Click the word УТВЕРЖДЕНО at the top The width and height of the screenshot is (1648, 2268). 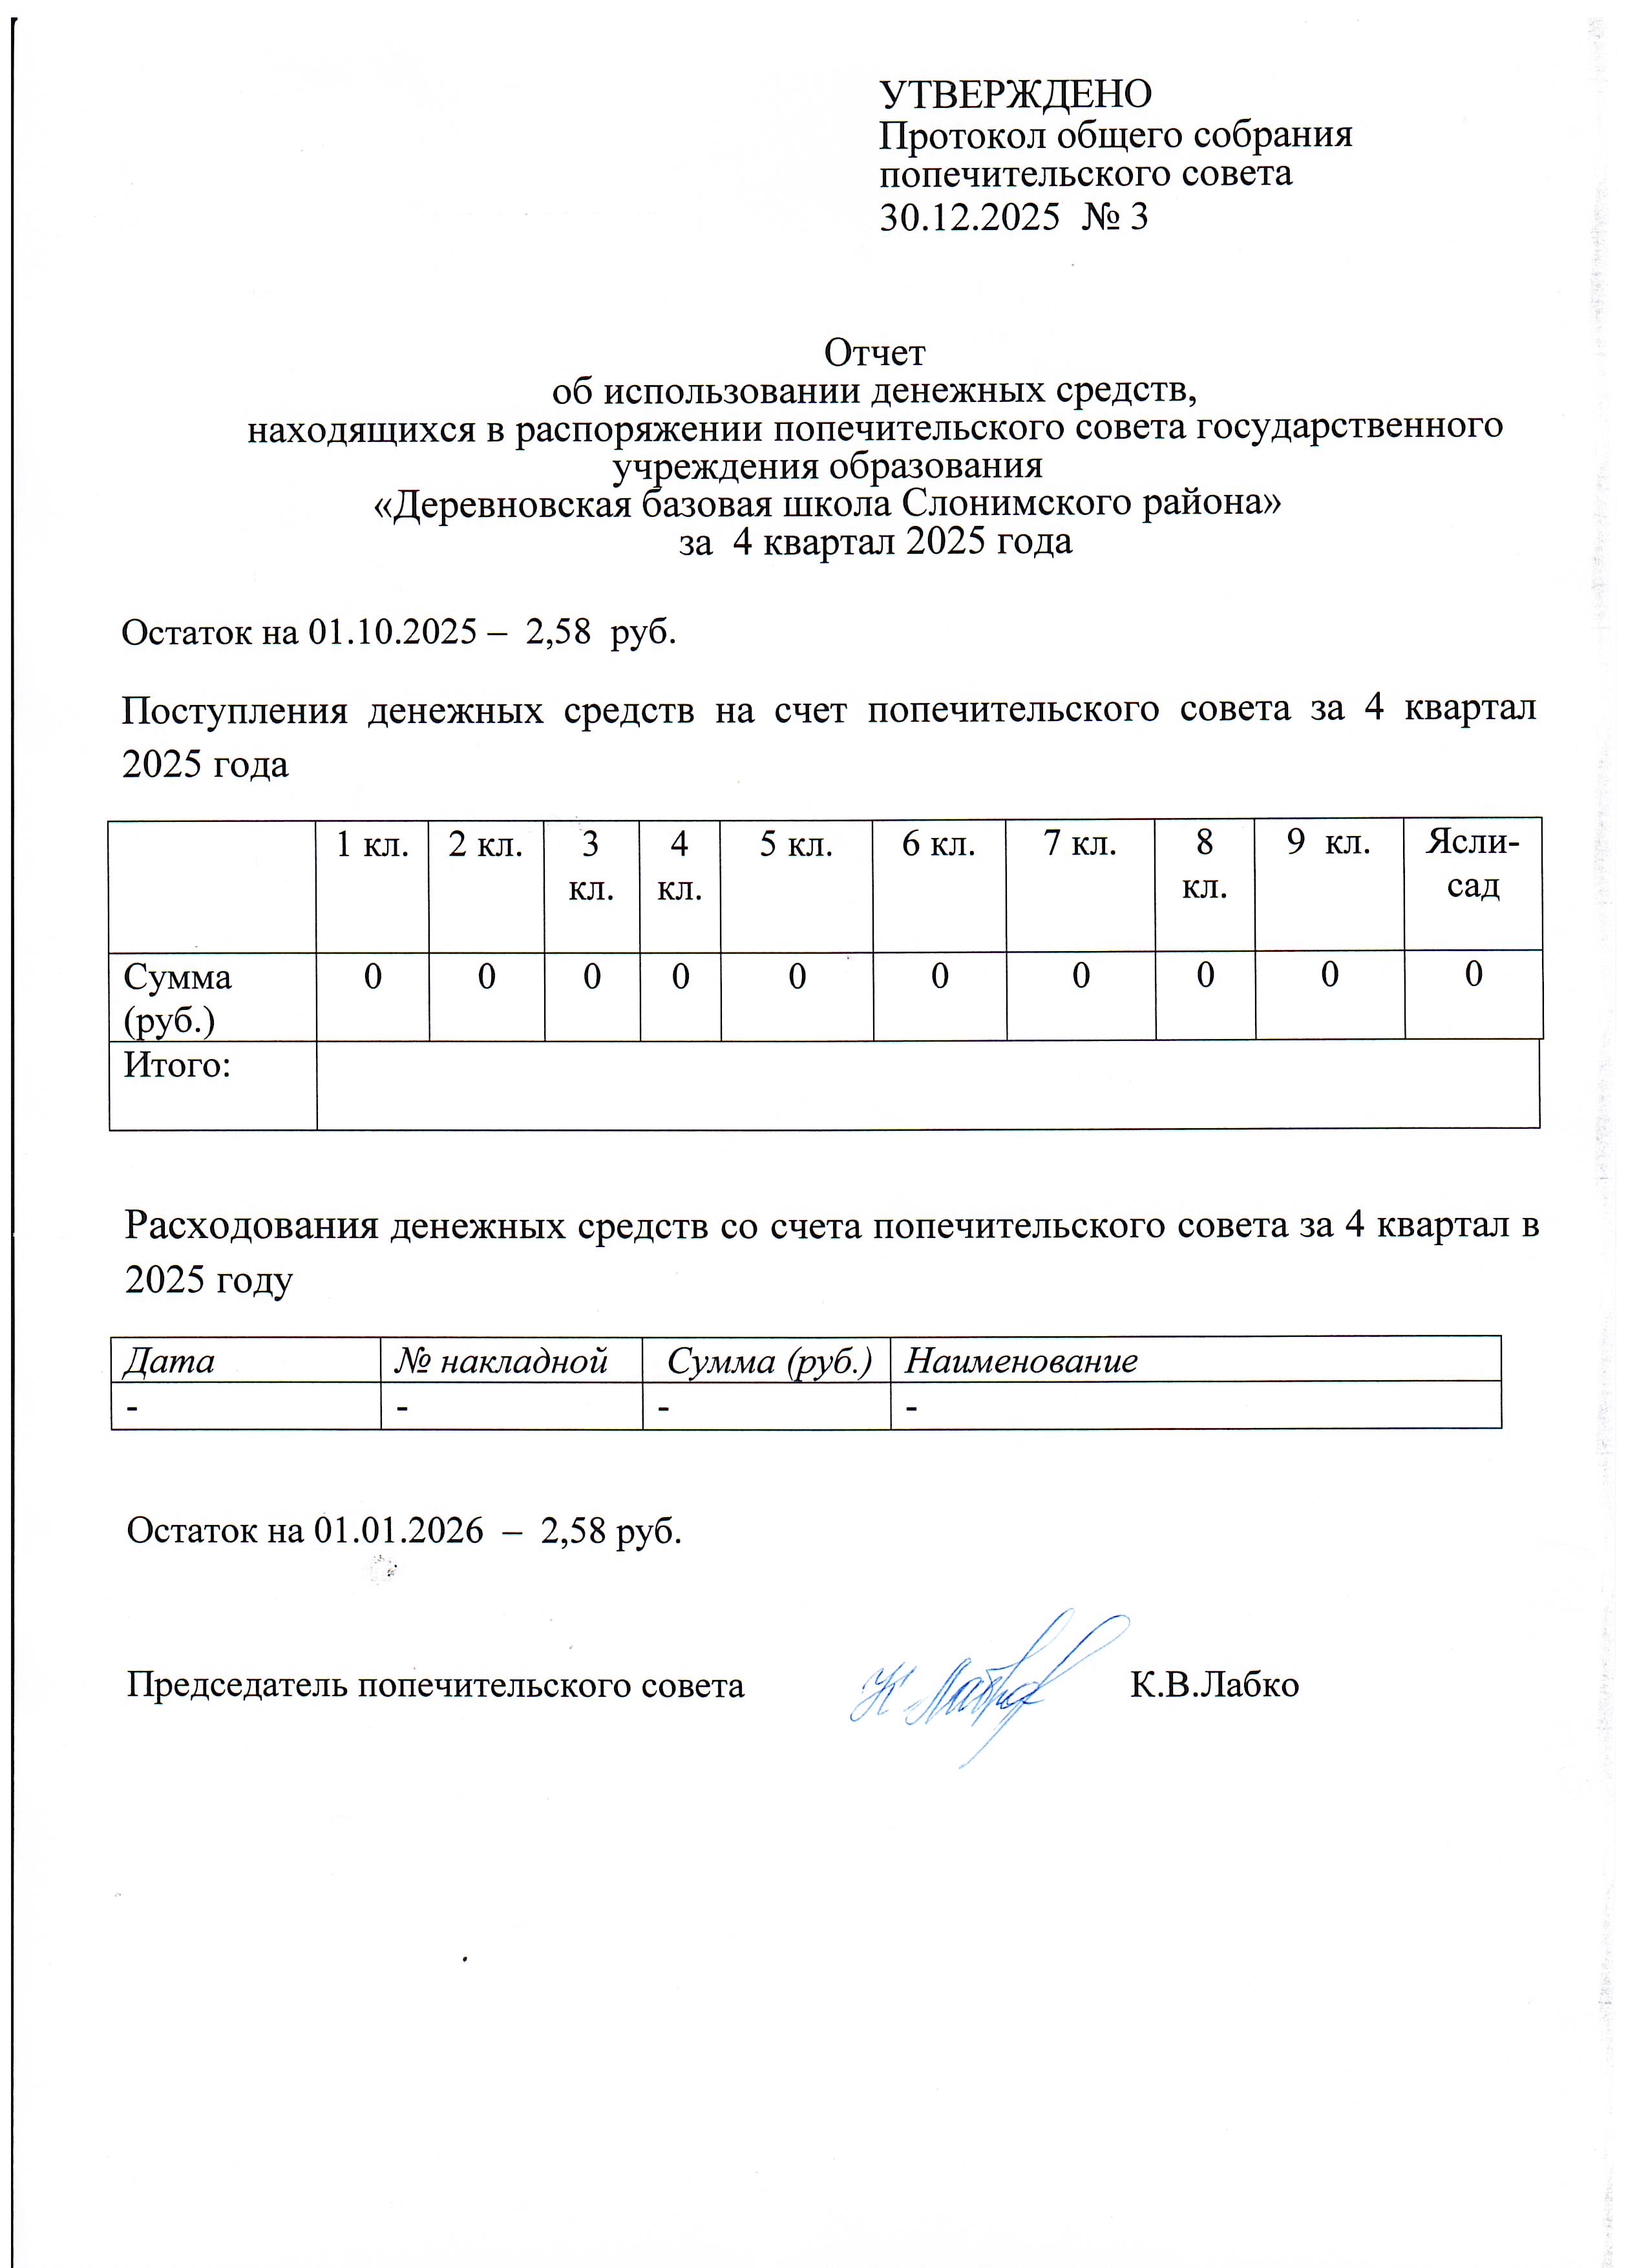click(1015, 94)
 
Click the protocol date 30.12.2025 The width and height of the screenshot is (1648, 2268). click(968, 217)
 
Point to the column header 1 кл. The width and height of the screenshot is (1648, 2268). click(372, 845)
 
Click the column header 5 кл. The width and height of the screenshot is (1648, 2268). click(796, 845)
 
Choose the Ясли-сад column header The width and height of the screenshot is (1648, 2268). click(1473, 863)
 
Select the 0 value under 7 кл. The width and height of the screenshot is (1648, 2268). click(1081, 976)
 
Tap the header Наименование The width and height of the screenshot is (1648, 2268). click(1021, 1361)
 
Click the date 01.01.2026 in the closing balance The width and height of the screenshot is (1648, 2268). click(398, 1531)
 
